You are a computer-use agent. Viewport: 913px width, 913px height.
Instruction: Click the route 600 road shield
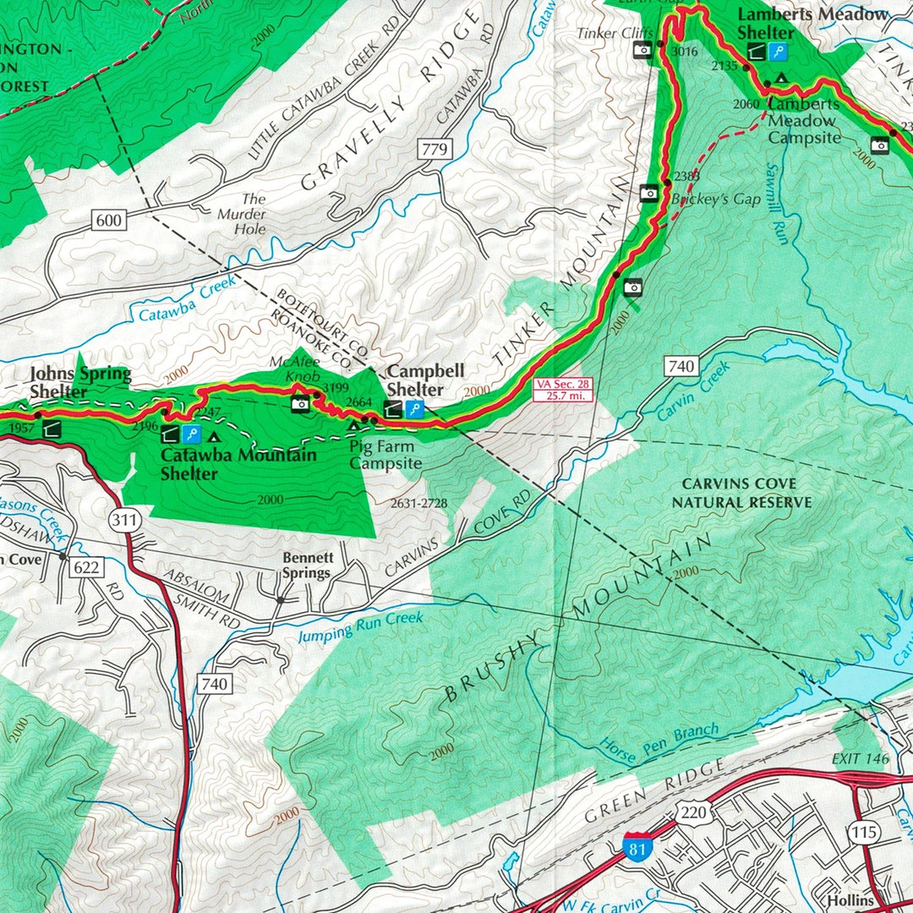click(x=109, y=221)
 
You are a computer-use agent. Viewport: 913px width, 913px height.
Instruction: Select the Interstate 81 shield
click(x=637, y=846)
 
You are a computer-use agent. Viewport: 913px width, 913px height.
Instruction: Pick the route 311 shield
click(x=124, y=520)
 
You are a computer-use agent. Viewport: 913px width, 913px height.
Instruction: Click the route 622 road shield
click(x=86, y=567)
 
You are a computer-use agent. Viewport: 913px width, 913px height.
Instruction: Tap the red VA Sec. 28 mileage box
click(x=563, y=389)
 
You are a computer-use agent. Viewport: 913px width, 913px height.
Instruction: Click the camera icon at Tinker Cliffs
click(x=642, y=50)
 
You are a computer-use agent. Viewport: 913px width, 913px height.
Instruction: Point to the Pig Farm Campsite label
click(x=385, y=456)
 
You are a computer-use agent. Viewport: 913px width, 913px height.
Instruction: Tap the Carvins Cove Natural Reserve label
click(x=741, y=493)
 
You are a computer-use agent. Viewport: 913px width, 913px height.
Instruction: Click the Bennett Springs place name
click(x=307, y=566)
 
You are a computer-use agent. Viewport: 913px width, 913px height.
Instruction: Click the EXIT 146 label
click(x=861, y=758)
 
